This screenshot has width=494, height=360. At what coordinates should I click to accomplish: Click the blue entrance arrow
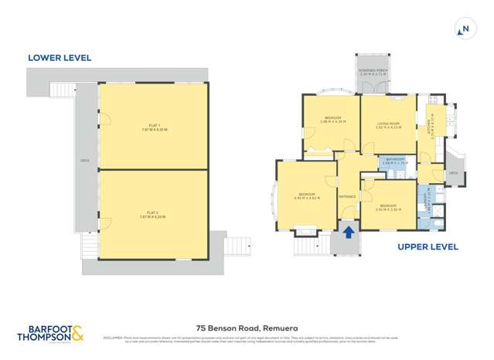[348, 230]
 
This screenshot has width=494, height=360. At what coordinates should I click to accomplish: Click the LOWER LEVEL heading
[60, 58]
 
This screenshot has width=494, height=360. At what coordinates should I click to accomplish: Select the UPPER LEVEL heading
[428, 247]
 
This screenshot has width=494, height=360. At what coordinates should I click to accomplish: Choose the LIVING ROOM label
[388, 125]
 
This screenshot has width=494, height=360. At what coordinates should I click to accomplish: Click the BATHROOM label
[394, 161]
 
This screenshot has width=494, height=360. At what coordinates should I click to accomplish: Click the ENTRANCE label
[347, 196]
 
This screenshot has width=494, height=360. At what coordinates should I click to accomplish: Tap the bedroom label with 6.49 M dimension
[307, 196]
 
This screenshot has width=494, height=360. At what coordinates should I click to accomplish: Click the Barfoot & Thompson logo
[50, 334]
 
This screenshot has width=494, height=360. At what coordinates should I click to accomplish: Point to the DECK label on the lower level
[87, 162]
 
